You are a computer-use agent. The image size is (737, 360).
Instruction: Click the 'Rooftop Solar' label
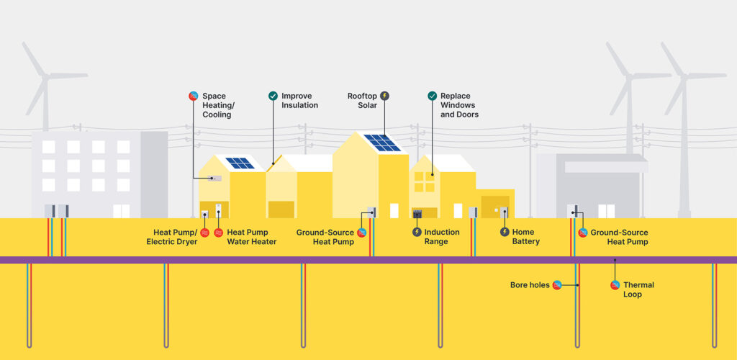coord(362,100)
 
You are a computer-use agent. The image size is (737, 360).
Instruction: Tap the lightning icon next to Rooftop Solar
coord(384,96)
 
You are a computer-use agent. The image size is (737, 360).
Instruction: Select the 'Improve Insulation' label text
coord(299,100)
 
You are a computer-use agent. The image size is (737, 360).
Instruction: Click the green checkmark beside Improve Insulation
coord(273,96)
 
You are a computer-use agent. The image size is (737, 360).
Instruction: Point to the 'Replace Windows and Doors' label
coord(459,105)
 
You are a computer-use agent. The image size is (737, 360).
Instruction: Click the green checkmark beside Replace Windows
coord(432,96)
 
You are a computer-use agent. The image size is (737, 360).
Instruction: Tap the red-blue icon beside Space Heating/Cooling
coord(193,96)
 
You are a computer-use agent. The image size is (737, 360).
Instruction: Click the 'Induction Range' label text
coord(441,237)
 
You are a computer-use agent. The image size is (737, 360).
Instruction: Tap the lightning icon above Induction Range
coord(417,232)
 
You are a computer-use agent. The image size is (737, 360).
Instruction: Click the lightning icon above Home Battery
coord(505,232)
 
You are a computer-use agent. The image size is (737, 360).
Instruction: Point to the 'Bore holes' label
coord(530,285)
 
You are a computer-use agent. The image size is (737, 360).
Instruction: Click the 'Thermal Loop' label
coord(638,289)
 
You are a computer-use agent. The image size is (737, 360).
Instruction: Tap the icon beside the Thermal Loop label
coord(615,284)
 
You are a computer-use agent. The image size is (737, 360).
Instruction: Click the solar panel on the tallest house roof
coord(381,143)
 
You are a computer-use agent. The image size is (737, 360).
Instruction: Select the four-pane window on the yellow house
coord(424,182)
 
